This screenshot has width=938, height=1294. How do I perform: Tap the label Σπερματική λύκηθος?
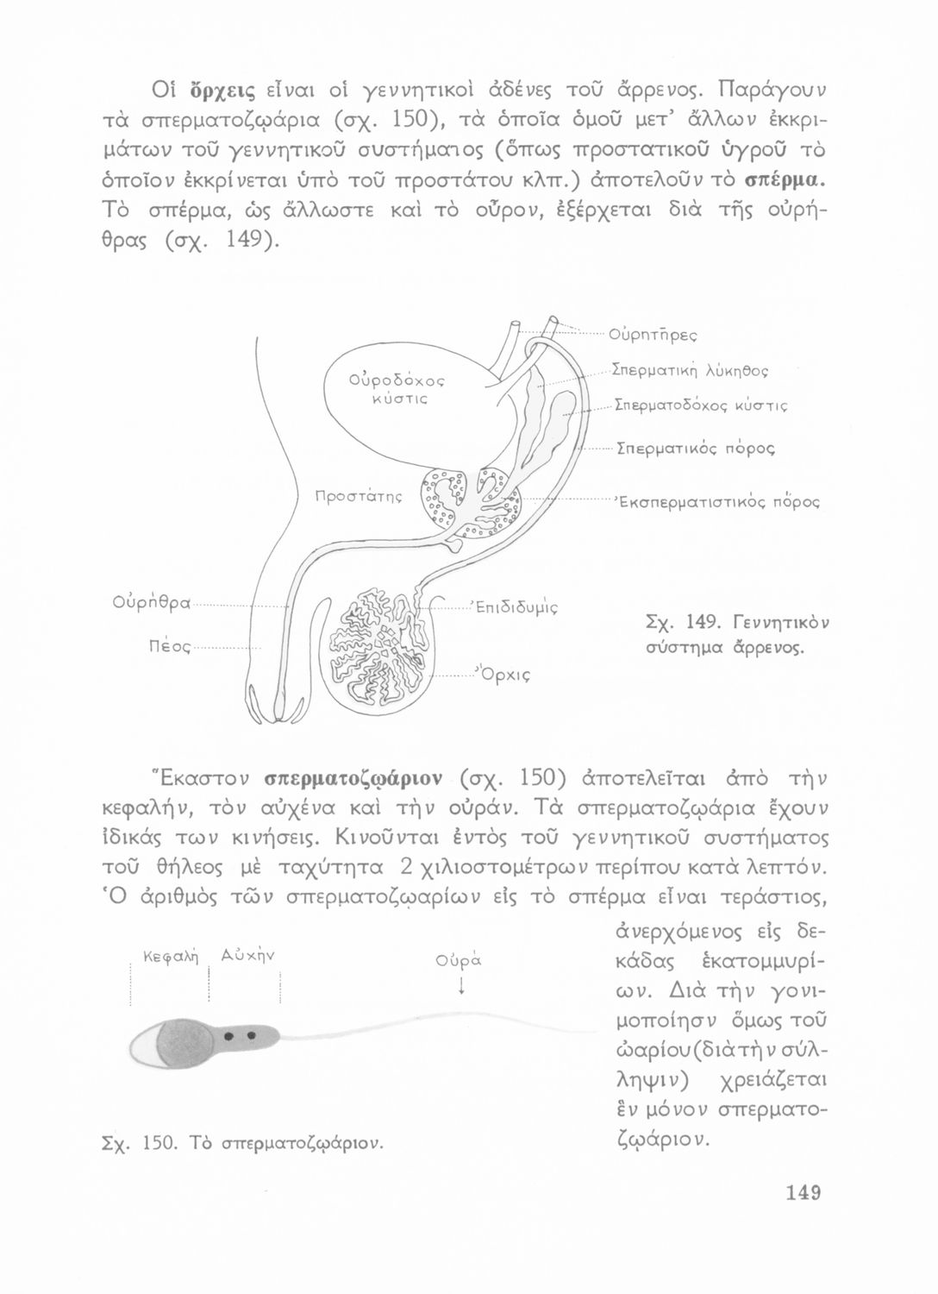click(690, 372)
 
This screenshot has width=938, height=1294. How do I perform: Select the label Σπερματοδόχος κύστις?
click(701, 405)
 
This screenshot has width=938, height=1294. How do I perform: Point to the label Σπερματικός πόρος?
click(695, 449)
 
